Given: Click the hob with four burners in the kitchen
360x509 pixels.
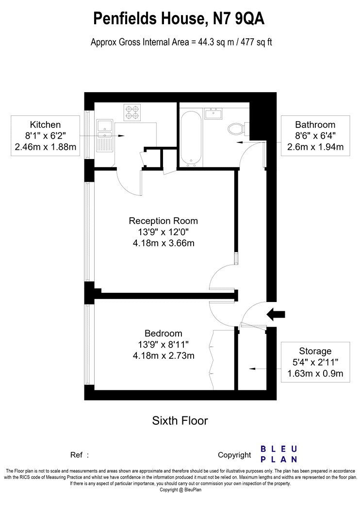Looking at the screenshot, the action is pyautogui.click(x=132, y=112).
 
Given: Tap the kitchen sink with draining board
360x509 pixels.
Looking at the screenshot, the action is pyautogui.click(x=105, y=136).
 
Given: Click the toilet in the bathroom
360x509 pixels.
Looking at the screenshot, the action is pyautogui.click(x=238, y=129).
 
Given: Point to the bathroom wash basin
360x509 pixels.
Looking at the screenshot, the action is pyautogui.click(x=213, y=113).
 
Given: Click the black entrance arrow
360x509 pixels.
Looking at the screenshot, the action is pyautogui.click(x=276, y=314).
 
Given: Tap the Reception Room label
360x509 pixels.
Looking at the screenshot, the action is pyautogui.click(x=164, y=221).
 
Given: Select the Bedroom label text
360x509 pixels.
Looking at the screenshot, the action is pyautogui.click(x=164, y=334).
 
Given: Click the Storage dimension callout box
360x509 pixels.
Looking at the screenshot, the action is pyautogui.click(x=315, y=362).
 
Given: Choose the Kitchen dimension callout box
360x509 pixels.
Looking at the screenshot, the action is pyautogui.click(x=46, y=136).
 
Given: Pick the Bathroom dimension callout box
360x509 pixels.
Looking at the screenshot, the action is pyautogui.click(x=315, y=136).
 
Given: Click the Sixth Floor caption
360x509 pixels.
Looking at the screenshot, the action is pyautogui.click(x=180, y=421).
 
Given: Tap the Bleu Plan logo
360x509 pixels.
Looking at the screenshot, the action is pyautogui.click(x=279, y=454).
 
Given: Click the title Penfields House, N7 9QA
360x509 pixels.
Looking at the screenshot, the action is pyautogui.click(x=179, y=19).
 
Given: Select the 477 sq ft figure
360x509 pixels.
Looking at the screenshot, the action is pyautogui.click(x=256, y=42).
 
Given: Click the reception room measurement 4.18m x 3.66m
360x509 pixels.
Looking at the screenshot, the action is pyautogui.click(x=164, y=243).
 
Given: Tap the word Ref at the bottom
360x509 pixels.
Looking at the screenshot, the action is pyautogui.click(x=77, y=455).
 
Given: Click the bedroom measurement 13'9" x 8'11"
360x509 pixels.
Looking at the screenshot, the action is pyautogui.click(x=164, y=344).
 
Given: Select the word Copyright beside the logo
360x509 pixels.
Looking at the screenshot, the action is pyautogui.click(x=235, y=456).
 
